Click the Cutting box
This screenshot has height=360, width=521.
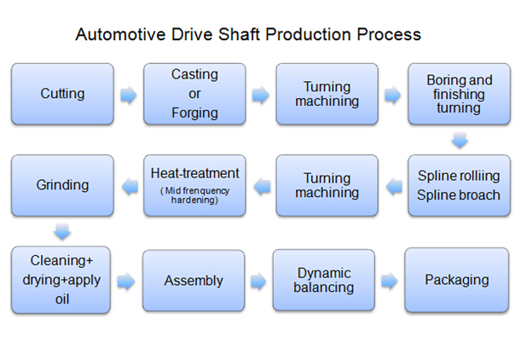[x=62, y=94]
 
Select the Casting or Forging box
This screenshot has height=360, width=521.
[x=194, y=94]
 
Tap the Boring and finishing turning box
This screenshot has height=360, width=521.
[x=460, y=94]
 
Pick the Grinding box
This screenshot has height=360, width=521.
[x=62, y=185]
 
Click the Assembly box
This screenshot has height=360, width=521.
[x=194, y=280]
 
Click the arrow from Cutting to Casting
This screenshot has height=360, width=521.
[x=128, y=95]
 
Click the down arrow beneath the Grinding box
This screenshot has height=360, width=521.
[x=62, y=231]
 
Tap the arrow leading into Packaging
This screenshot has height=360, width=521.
[x=390, y=281]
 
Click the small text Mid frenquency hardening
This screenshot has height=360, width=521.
[x=194, y=195]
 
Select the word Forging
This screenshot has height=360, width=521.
[x=194, y=113]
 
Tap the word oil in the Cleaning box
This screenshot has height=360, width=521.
[x=62, y=301]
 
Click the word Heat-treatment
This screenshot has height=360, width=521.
[x=194, y=173]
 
